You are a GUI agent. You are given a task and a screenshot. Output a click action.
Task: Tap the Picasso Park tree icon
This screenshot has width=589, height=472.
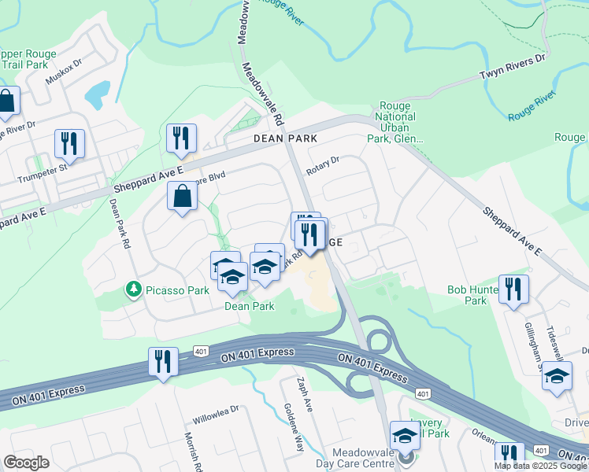(x=133, y=290)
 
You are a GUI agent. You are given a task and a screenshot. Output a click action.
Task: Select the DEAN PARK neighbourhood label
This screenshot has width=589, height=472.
(x=285, y=138)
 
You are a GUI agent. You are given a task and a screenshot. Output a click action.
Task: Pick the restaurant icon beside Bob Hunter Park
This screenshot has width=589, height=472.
(x=513, y=289)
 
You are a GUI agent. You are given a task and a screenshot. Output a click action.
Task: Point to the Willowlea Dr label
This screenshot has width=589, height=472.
(x=217, y=411)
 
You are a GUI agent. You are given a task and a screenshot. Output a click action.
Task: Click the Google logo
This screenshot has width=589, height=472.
(x=27, y=463)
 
